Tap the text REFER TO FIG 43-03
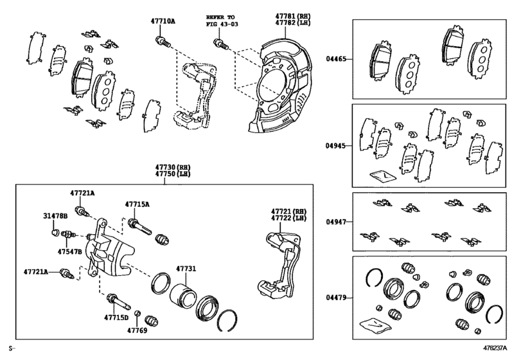(x=220, y=20)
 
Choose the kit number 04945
(x=335, y=146)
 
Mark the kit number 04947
(x=335, y=222)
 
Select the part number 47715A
(x=137, y=204)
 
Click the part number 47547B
(x=69, y=251)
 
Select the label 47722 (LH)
(x=287, y=219)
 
